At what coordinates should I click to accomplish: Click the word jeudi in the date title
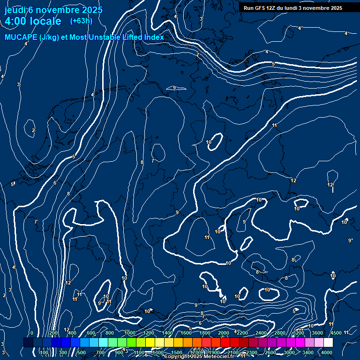[x=15, y=10]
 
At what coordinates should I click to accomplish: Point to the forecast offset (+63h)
[x=81, y=21]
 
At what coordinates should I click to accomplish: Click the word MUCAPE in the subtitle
[x=21, y=37]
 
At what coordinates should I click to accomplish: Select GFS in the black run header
[x=259, y=8]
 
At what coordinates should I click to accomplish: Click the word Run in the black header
[x=248, y=8]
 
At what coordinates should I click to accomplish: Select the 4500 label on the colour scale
[x=336, y=333]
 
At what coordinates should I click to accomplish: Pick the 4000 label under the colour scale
[x=327, y=352]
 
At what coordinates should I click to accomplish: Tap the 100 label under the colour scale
[x=45, y=352]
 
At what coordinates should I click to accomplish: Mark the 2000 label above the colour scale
[x=224, y=333]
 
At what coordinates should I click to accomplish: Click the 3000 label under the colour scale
[x=289, y=352]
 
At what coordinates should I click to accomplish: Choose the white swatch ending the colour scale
[x=328, y=343]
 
